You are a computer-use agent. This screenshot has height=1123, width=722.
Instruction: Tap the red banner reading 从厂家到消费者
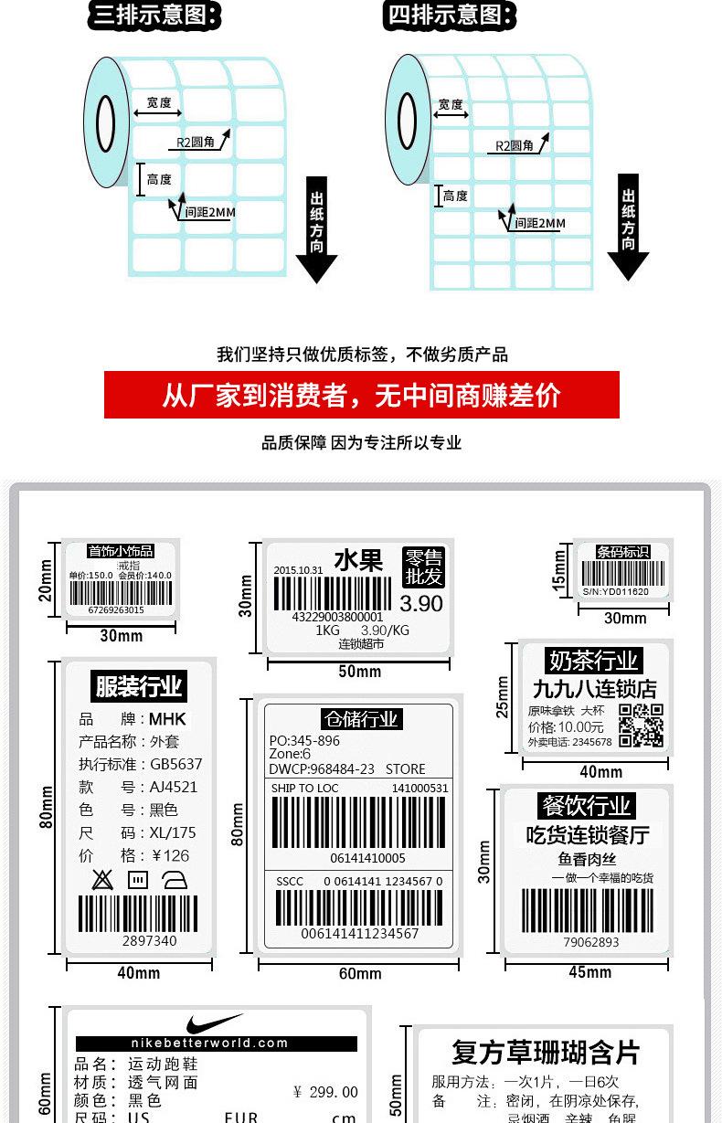tap(361, 395)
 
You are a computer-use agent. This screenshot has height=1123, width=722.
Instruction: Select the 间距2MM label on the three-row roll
tap(209, 212)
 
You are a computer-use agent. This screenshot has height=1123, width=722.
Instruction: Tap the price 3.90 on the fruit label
tap(420, 603)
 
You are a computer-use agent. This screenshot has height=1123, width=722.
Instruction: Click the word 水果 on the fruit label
tap(358, 561)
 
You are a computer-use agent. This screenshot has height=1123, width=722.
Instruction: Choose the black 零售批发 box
tap(423, 567)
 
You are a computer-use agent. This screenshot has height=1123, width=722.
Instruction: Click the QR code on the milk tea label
tap(641, 726)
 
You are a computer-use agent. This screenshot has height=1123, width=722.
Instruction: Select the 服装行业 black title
tap(139, 685)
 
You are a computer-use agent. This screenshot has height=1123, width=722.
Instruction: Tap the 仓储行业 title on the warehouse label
tap(360, 719)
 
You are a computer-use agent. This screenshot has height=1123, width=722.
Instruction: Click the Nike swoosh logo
tap(216, 1023)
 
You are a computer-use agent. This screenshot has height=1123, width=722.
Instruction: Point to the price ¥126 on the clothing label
tap(170, 855)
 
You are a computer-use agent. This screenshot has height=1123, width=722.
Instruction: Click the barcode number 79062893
tap(590, 942)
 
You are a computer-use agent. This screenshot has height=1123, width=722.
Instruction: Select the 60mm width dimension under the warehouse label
tap(359, 973)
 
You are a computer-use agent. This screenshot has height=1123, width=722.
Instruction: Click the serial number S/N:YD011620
tap(615, 591)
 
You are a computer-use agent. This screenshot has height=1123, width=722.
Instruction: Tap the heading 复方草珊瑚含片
tap(546, 1053)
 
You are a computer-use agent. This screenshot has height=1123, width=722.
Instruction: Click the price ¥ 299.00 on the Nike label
tap(326, 1092)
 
